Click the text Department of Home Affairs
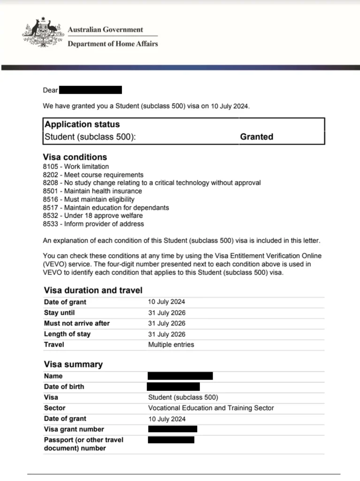[113, 44]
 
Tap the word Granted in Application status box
[256, 137]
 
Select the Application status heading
[82, 124]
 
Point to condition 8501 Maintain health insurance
[92, 191]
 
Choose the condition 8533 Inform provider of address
[93, 224]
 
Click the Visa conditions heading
[75, 157]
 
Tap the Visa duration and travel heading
[93, 290]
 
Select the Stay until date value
[167, 313]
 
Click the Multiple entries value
[171, 345]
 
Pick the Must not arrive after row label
[77, 324]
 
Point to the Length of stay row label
[67, 334]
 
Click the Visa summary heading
[73, 365]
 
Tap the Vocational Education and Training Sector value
[211, 408]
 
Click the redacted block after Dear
[91, 90]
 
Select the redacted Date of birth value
[173, 387]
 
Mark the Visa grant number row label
[74, 429]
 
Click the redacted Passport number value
[171, 440]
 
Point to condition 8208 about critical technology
[152, 183]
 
